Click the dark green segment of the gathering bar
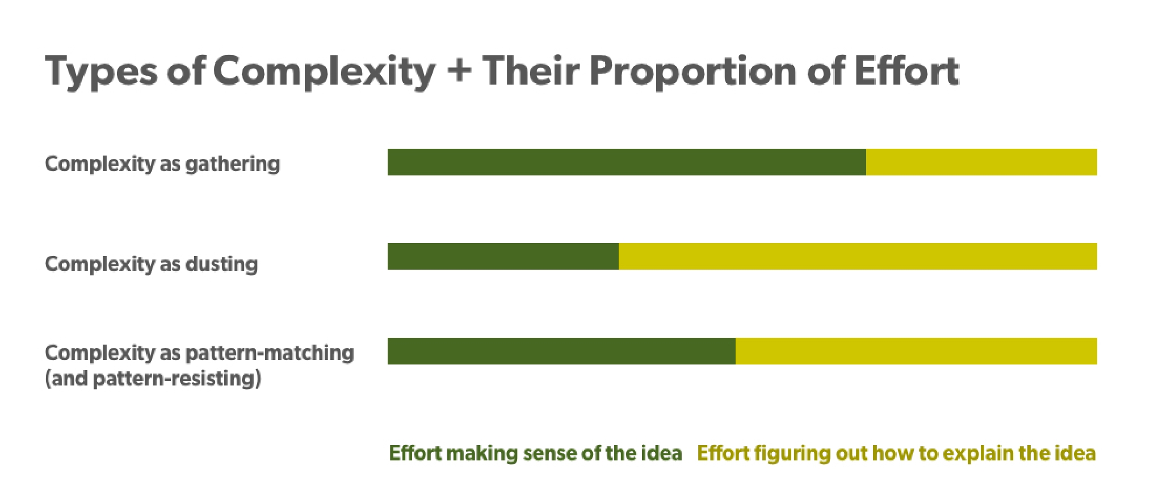[627, 162]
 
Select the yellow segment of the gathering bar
[981, 162]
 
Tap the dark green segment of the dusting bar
[503, 256]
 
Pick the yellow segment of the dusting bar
[858, 256]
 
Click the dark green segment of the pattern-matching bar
[561, 351]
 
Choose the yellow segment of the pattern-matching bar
[916, 351]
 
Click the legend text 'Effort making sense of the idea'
[535, 453]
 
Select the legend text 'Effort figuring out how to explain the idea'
[896, 453]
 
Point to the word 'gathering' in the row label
[233, 165]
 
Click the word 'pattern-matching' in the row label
[270, 353]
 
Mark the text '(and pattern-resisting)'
[153, 378]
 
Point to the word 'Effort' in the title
[906, 70]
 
